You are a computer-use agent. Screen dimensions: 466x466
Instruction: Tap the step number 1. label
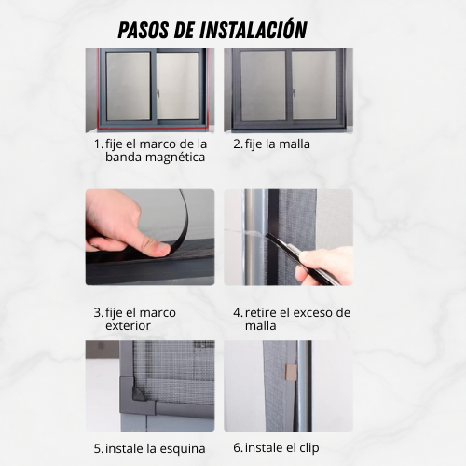click(98, 144)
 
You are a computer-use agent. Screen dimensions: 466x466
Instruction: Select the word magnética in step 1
click(174, 157)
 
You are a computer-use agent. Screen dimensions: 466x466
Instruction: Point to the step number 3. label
click(98, 312)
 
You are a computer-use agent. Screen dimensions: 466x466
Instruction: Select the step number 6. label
click(238, 448)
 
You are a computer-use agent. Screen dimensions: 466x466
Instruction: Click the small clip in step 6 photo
click(290, 373)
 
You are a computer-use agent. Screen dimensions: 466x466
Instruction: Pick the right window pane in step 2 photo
click(313, 82)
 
